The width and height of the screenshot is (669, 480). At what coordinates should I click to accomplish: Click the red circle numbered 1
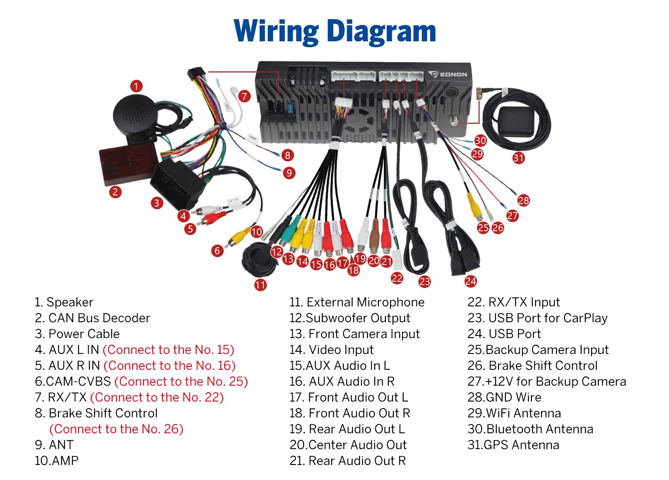point(136,86)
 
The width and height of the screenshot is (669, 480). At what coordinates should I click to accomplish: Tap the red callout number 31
point(519,158)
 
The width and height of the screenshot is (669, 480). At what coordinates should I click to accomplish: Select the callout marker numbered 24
point(471,281)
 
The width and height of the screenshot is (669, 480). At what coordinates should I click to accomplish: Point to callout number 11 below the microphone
point(260,285)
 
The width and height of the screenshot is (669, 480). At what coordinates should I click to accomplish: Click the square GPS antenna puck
point(516,121)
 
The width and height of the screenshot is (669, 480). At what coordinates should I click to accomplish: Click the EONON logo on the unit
point(447,74)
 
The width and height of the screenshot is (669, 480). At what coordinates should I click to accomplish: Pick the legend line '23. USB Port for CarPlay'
point(537,318)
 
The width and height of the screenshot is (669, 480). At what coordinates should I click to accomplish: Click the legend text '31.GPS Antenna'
point(513,445)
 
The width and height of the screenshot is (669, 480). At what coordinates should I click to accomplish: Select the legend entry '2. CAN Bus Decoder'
point(92,318)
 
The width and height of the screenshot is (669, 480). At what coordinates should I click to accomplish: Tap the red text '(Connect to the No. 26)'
point(116,429)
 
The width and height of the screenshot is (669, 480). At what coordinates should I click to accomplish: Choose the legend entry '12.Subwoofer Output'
point(350,318)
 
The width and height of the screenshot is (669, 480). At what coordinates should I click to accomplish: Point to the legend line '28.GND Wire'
point(504,397)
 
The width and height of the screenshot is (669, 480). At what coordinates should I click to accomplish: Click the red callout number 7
point(244,96)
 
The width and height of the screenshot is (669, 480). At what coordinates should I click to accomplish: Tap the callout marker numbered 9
point(289,173)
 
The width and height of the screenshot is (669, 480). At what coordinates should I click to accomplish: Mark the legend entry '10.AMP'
point(56,461)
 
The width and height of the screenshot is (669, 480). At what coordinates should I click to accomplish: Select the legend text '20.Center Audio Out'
point(348,445)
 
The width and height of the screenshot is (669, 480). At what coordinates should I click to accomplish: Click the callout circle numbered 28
point(523,200)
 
